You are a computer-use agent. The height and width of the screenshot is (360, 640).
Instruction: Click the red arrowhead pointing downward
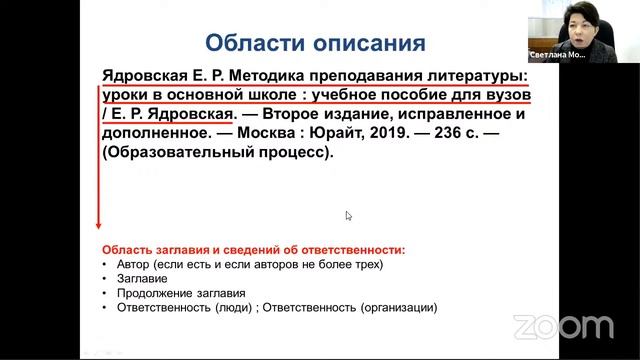click(x=99, y=227)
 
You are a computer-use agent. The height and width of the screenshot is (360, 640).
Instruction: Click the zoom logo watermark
click(x=562, y=327)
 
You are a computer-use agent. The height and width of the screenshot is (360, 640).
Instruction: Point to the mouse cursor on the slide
click(x=349, y=215)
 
